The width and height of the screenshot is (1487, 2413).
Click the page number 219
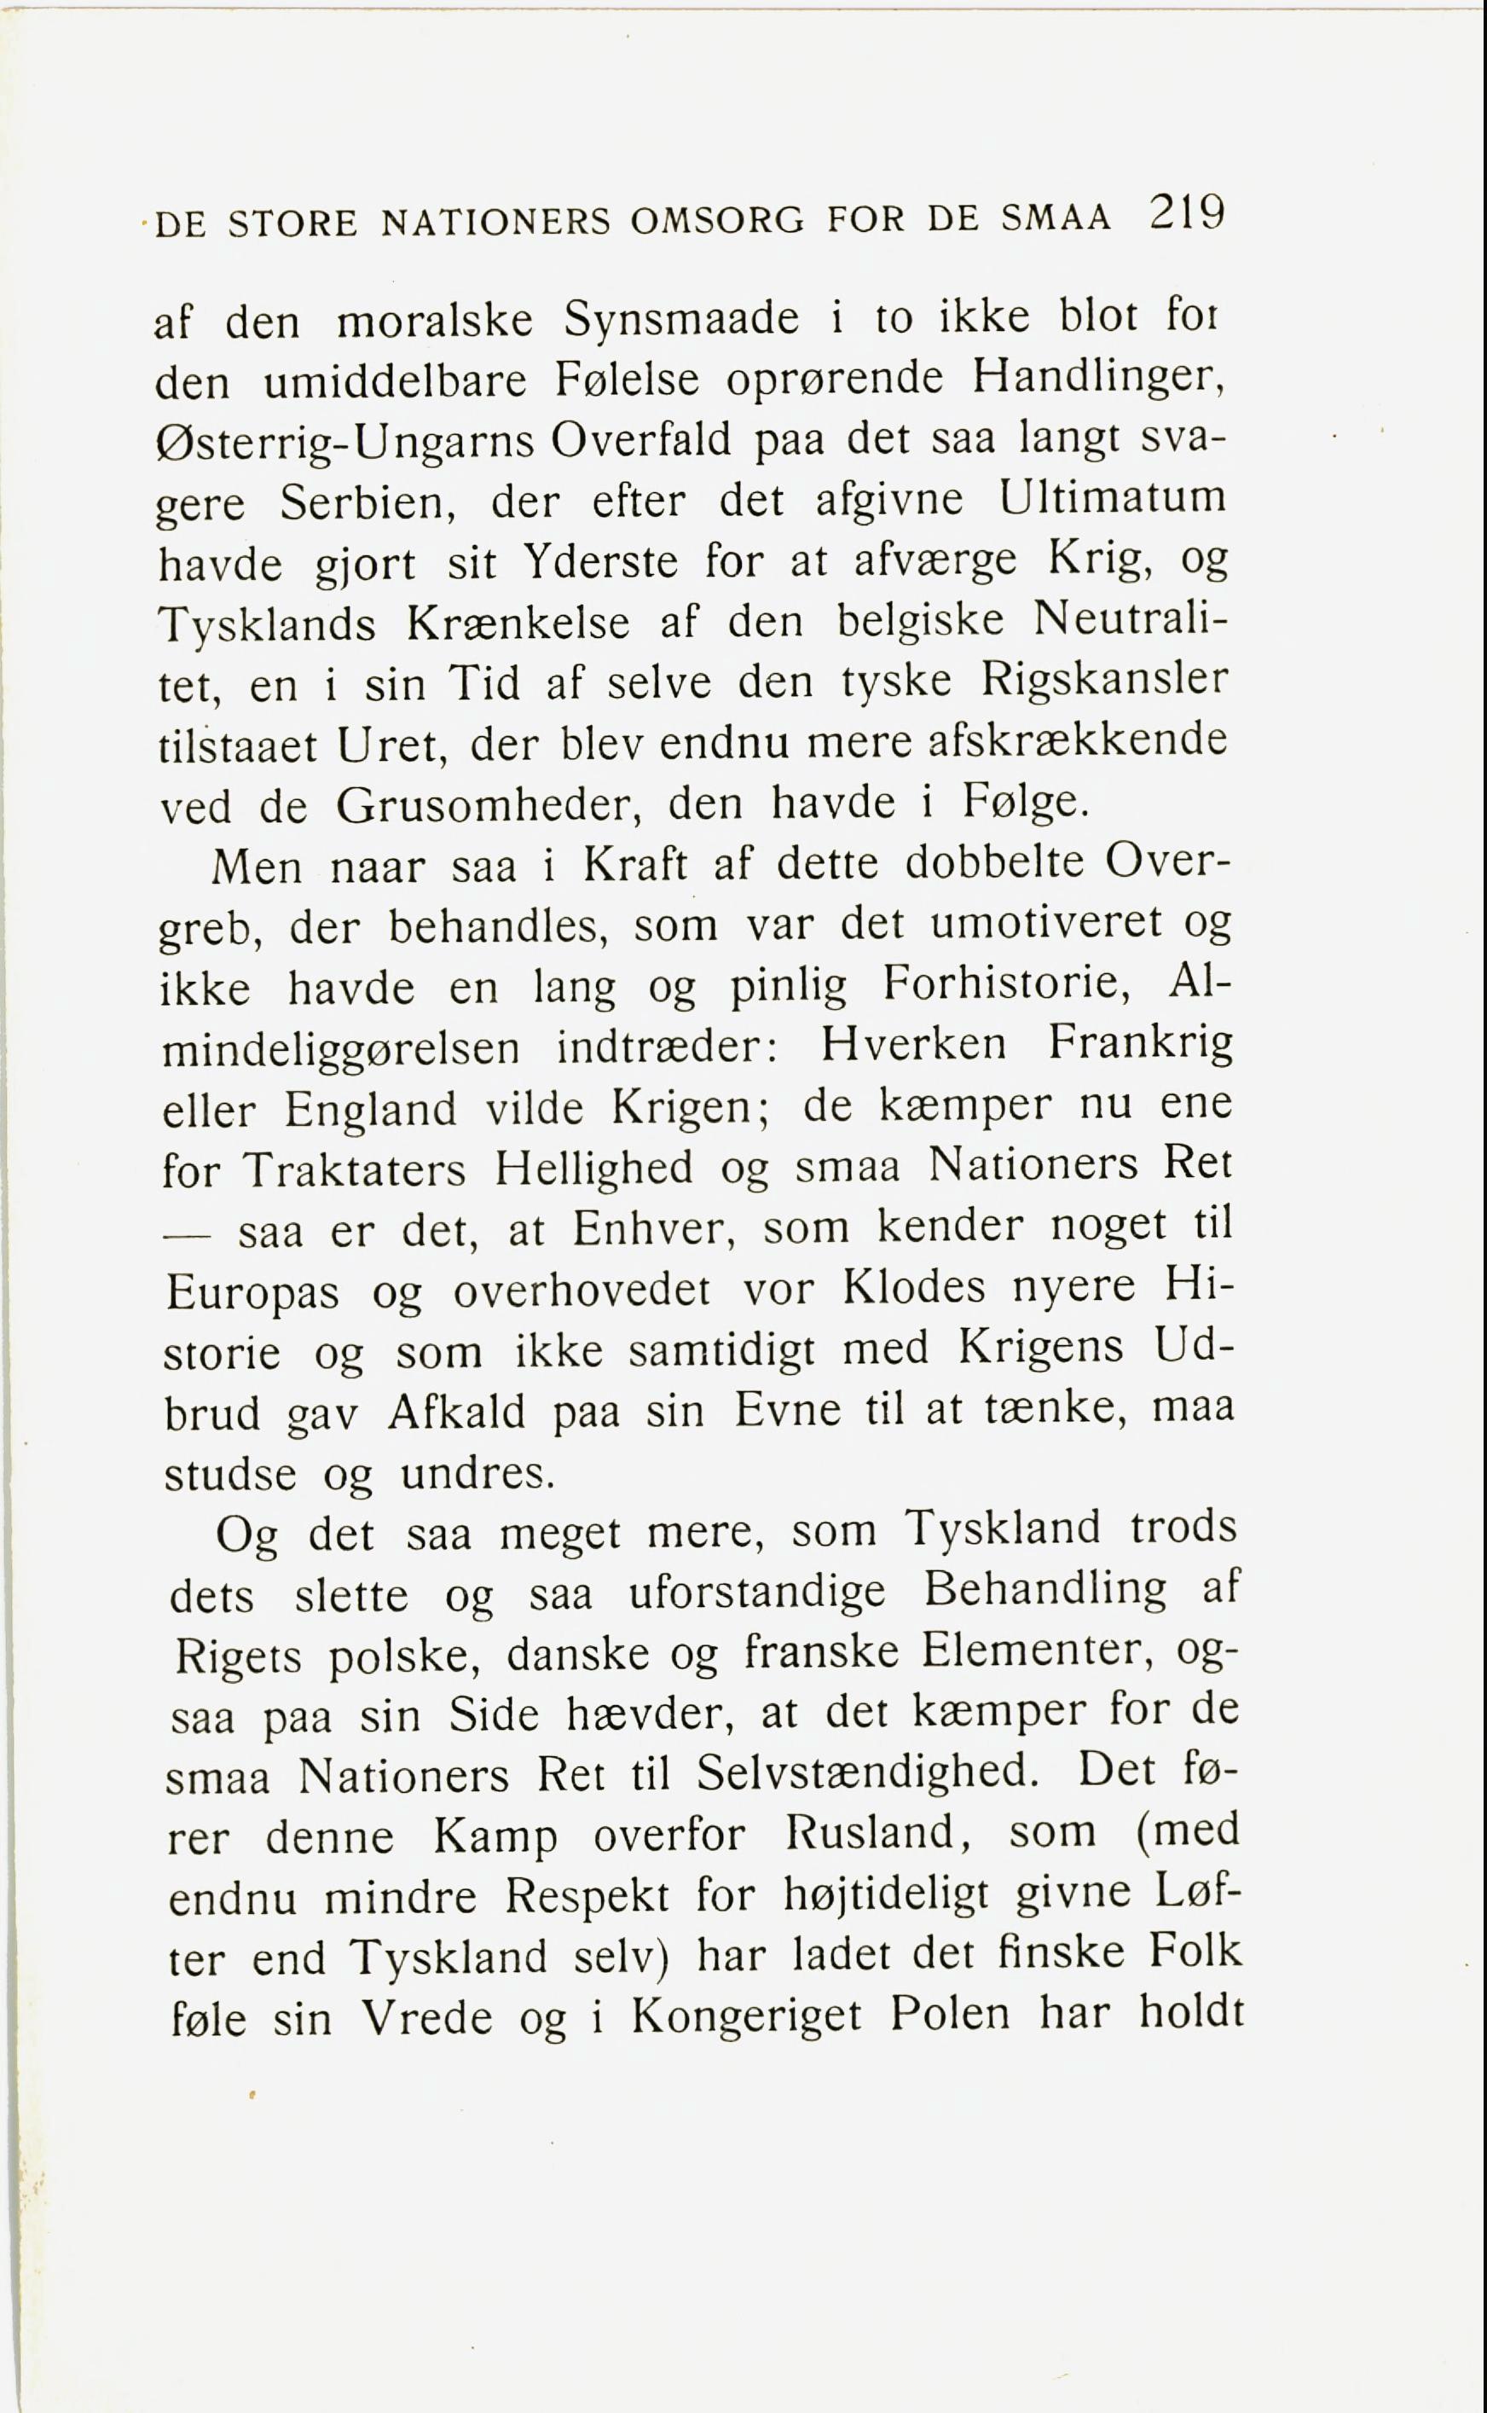tap(1185, 212)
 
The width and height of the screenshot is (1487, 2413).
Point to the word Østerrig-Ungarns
tap(344, 443)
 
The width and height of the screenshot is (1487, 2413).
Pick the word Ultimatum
tap(1114, 498)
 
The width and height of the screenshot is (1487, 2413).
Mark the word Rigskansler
tap(1104, 682)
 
